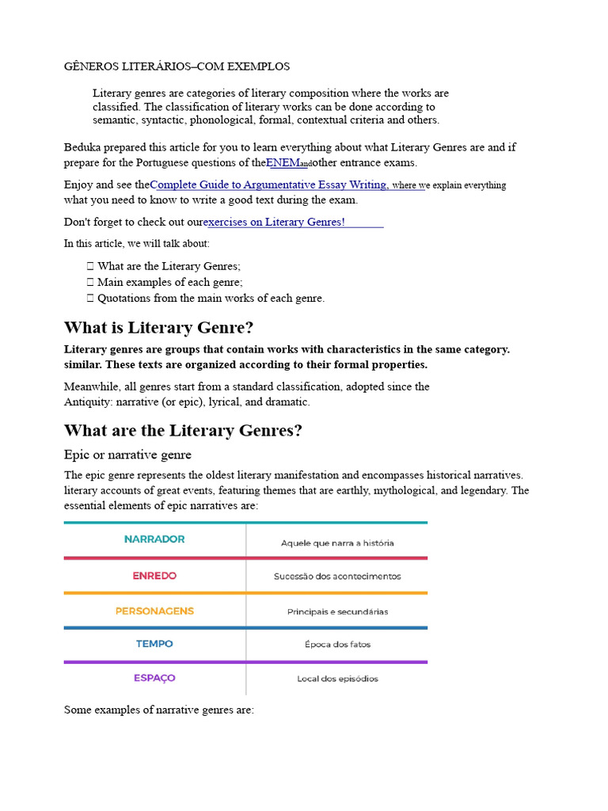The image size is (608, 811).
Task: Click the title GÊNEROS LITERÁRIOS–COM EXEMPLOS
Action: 177,67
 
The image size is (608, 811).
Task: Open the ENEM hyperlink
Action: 283,163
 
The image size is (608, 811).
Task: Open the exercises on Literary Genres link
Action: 274,222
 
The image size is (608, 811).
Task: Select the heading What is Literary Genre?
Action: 158,328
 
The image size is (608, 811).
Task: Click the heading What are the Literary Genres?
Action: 183,431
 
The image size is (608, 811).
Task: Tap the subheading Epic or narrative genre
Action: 127,455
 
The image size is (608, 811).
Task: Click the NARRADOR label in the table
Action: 154,539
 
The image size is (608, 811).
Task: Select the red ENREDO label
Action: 154,576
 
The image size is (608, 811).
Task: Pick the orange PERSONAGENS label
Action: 154,611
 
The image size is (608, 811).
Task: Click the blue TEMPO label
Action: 154,644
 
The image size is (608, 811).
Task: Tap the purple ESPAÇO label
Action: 154,678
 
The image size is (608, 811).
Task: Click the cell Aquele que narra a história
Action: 337,543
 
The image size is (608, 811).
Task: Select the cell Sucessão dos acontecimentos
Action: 337,577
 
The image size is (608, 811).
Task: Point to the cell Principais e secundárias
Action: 337,611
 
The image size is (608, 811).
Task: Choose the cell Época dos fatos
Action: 337,645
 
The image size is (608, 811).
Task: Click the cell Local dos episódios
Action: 337,679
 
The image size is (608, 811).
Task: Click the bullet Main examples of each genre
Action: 169,282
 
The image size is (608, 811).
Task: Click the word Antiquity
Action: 89,402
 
